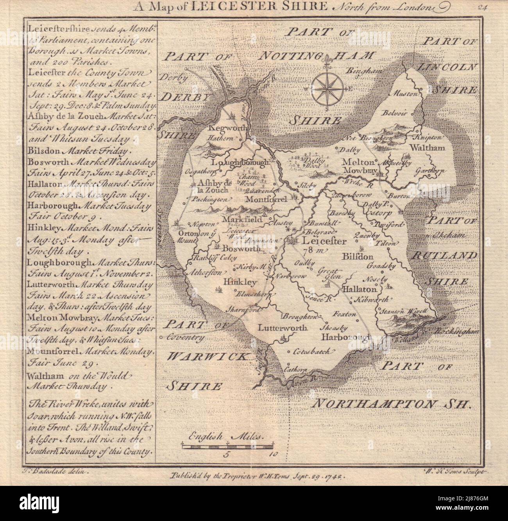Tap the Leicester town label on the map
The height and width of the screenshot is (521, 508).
point(324,241)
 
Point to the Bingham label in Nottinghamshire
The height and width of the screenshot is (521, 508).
point(361,71)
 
